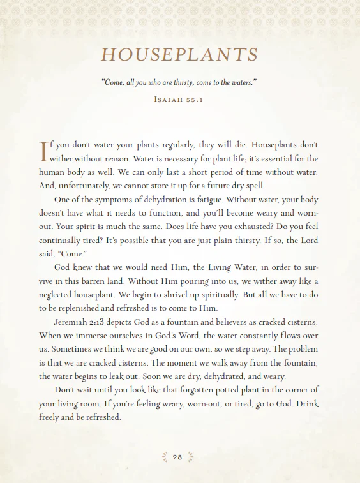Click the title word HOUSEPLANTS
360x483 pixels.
pyautogui.click(x=179, y=55)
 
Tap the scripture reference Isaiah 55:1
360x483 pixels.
pyautogui.click(x=179, y=100)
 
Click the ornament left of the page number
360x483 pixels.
pyautogui.click(x=165, y=457)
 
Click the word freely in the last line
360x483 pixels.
pyautogui.click(x=50, y=418)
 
